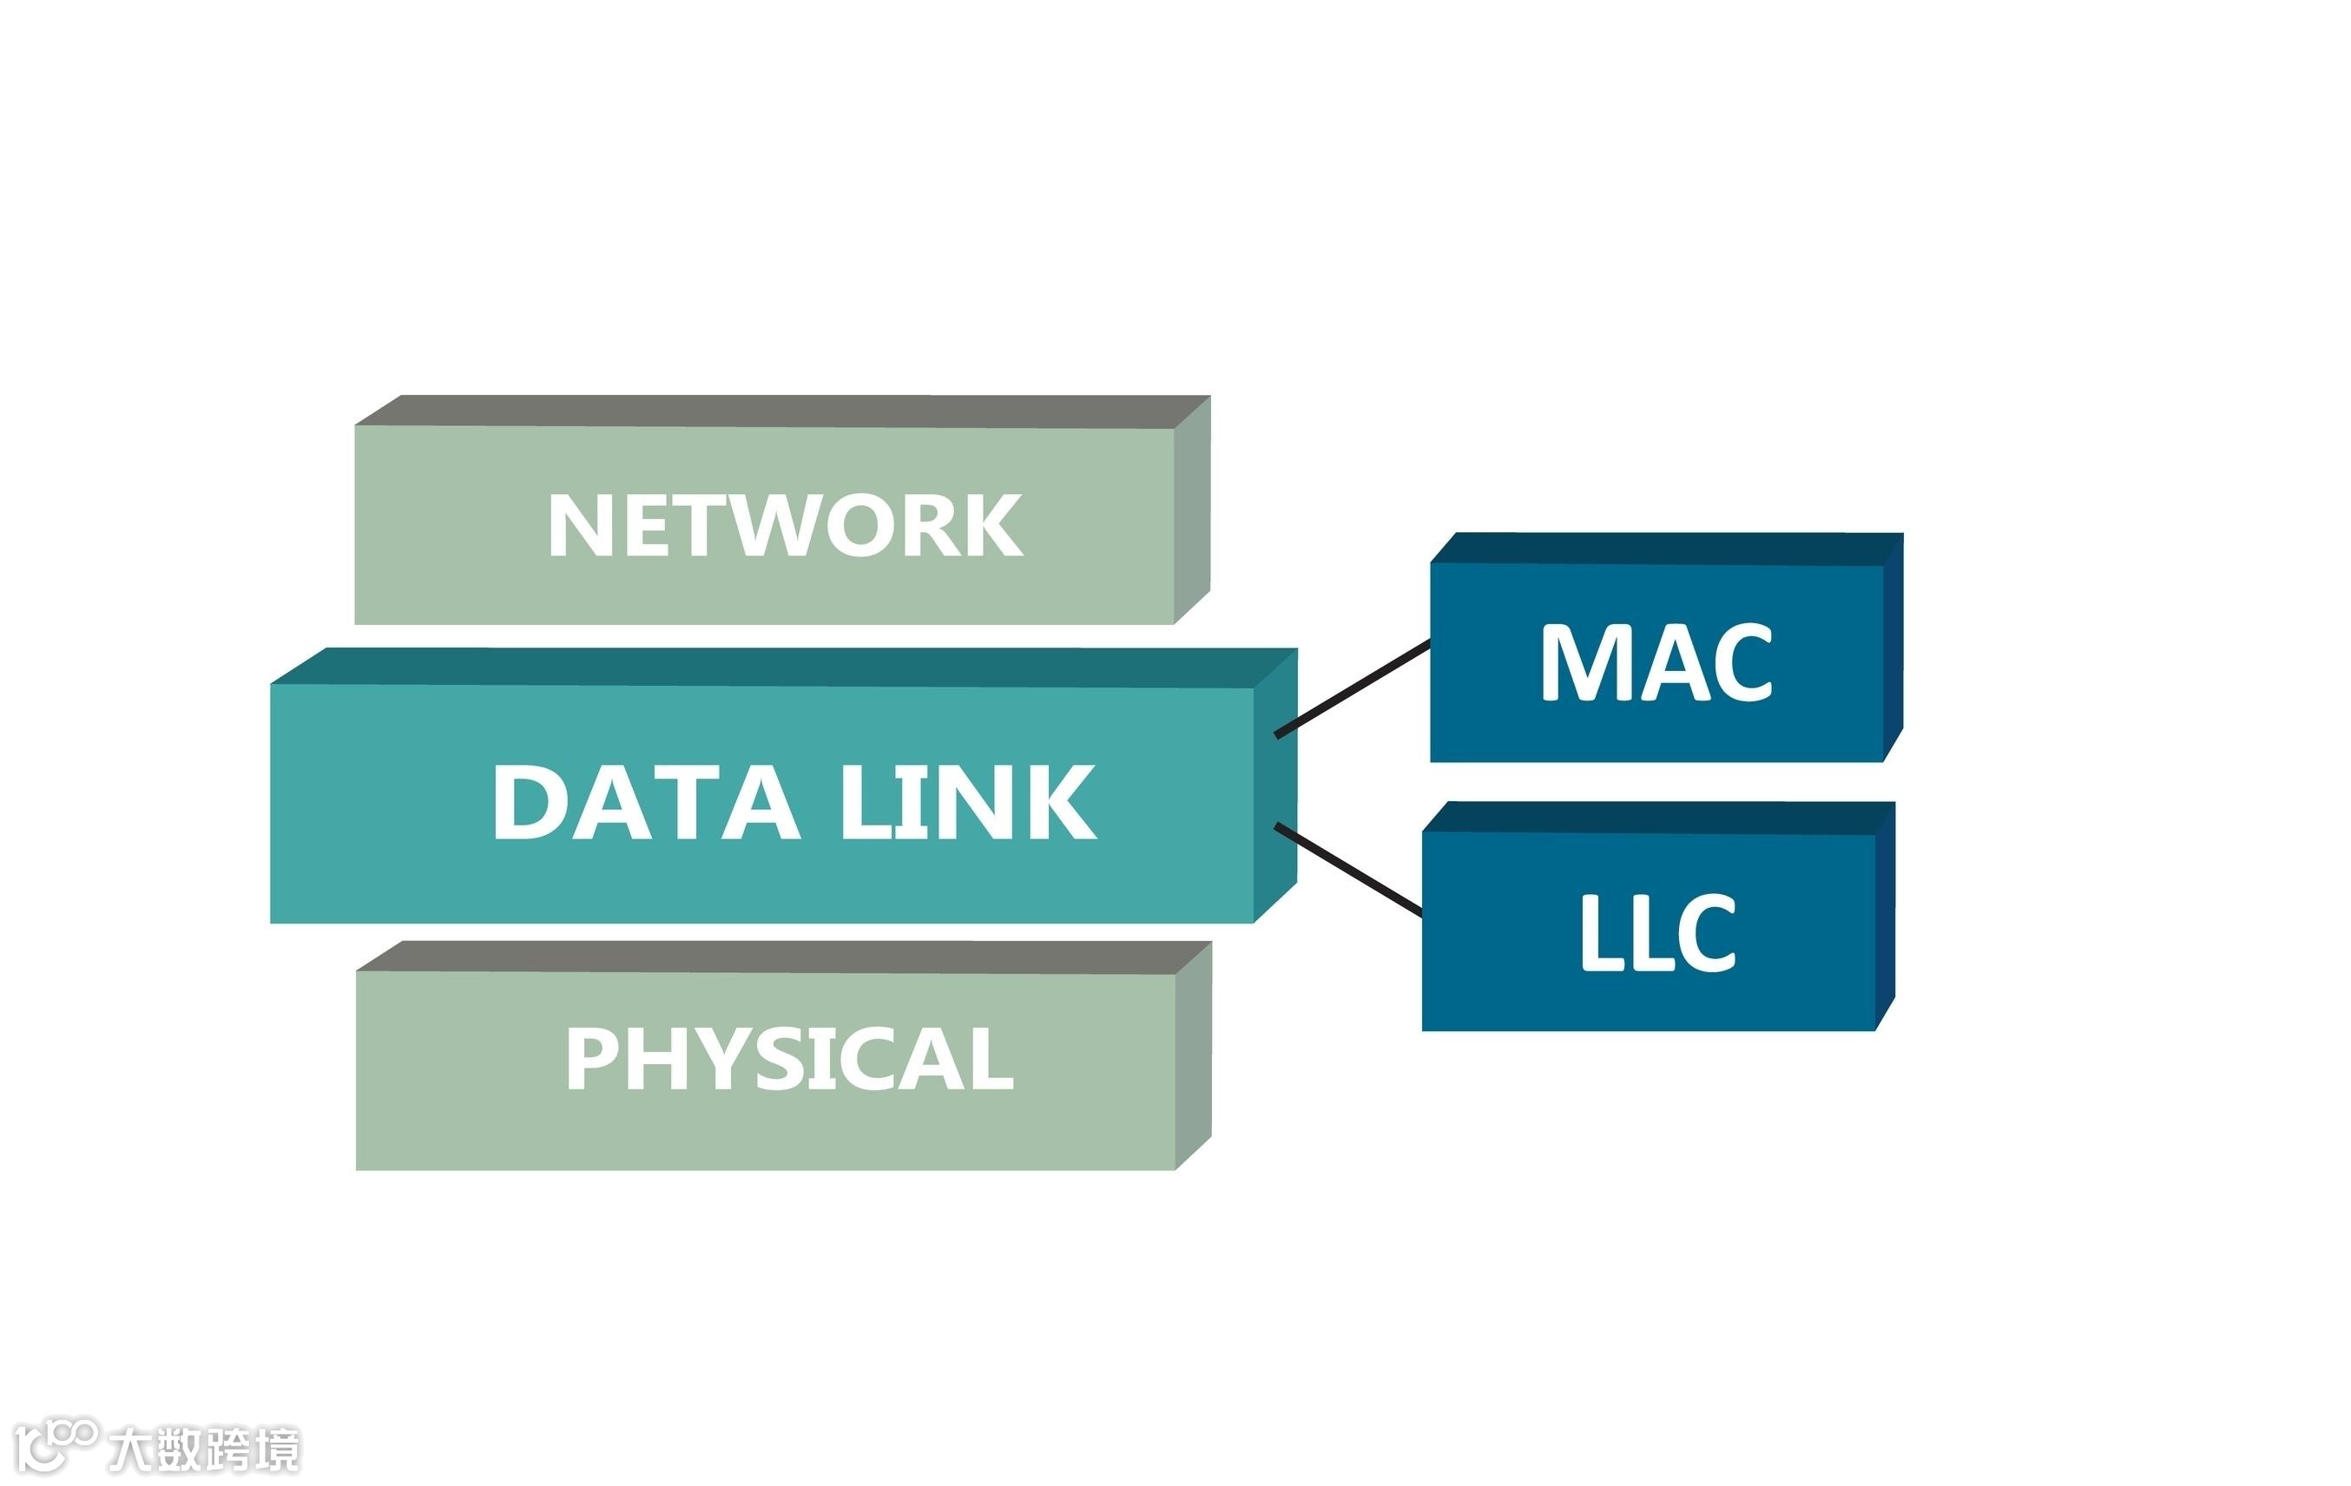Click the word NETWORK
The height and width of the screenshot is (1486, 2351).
(x=785, y=525)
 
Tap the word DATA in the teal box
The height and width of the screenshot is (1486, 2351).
(x=646, y=803)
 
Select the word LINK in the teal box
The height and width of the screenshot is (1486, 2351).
(x=969, y=803)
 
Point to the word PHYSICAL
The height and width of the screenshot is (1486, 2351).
(x=789, y=1059)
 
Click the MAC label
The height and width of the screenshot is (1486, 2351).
(x=1656, y=663)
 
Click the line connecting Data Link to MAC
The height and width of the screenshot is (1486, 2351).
(x=1353, y=688)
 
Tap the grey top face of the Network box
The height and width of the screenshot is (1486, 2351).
(x=781, y=411)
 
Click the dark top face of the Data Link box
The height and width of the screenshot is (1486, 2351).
(x=781, y=667)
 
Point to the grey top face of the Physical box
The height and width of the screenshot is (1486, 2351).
(x=781, y=957)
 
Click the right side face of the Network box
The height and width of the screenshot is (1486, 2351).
(x=1192, y=510)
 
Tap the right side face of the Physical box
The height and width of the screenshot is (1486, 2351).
(x=1193, y=1055)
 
